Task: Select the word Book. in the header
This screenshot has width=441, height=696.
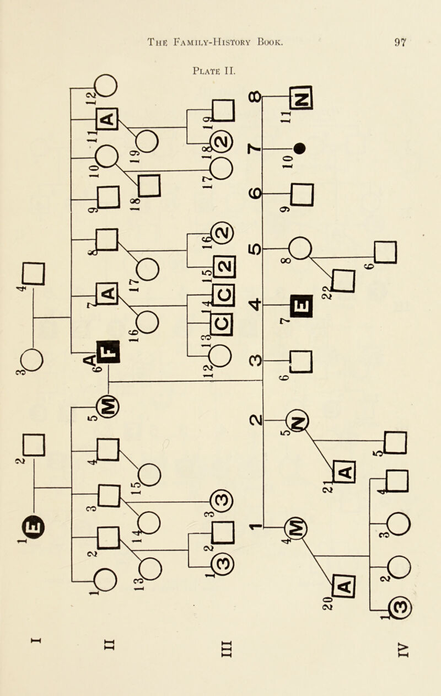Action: pos(267,40)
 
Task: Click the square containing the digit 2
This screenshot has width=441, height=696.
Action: pos(227,269)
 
